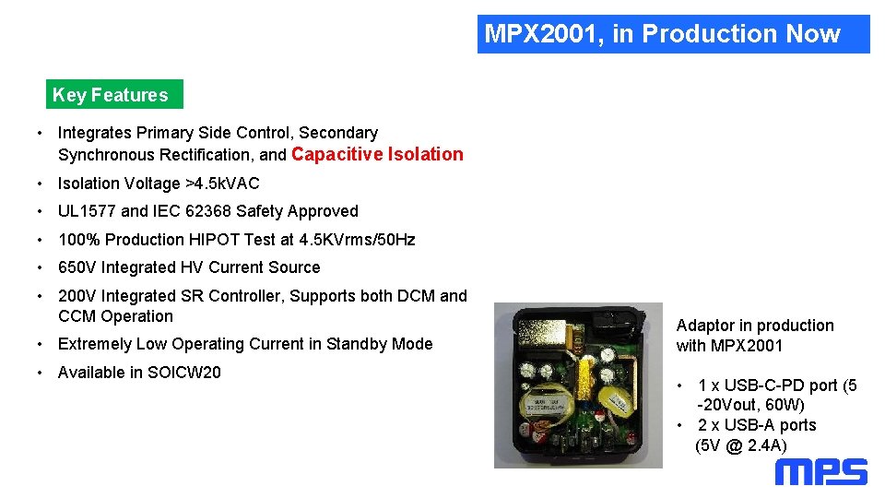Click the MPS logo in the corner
pyautogui.click(x=820, y=472)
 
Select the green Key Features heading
pyautogui.click(x=111, y=95)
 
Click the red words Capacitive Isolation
pyautogui.click(x=377, y=154)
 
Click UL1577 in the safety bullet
pyautogui.click(x=87, y=211)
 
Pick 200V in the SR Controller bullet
pyautogui.click(x=77, y=296)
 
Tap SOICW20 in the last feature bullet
pyautogui.click(x=184, y=373)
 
